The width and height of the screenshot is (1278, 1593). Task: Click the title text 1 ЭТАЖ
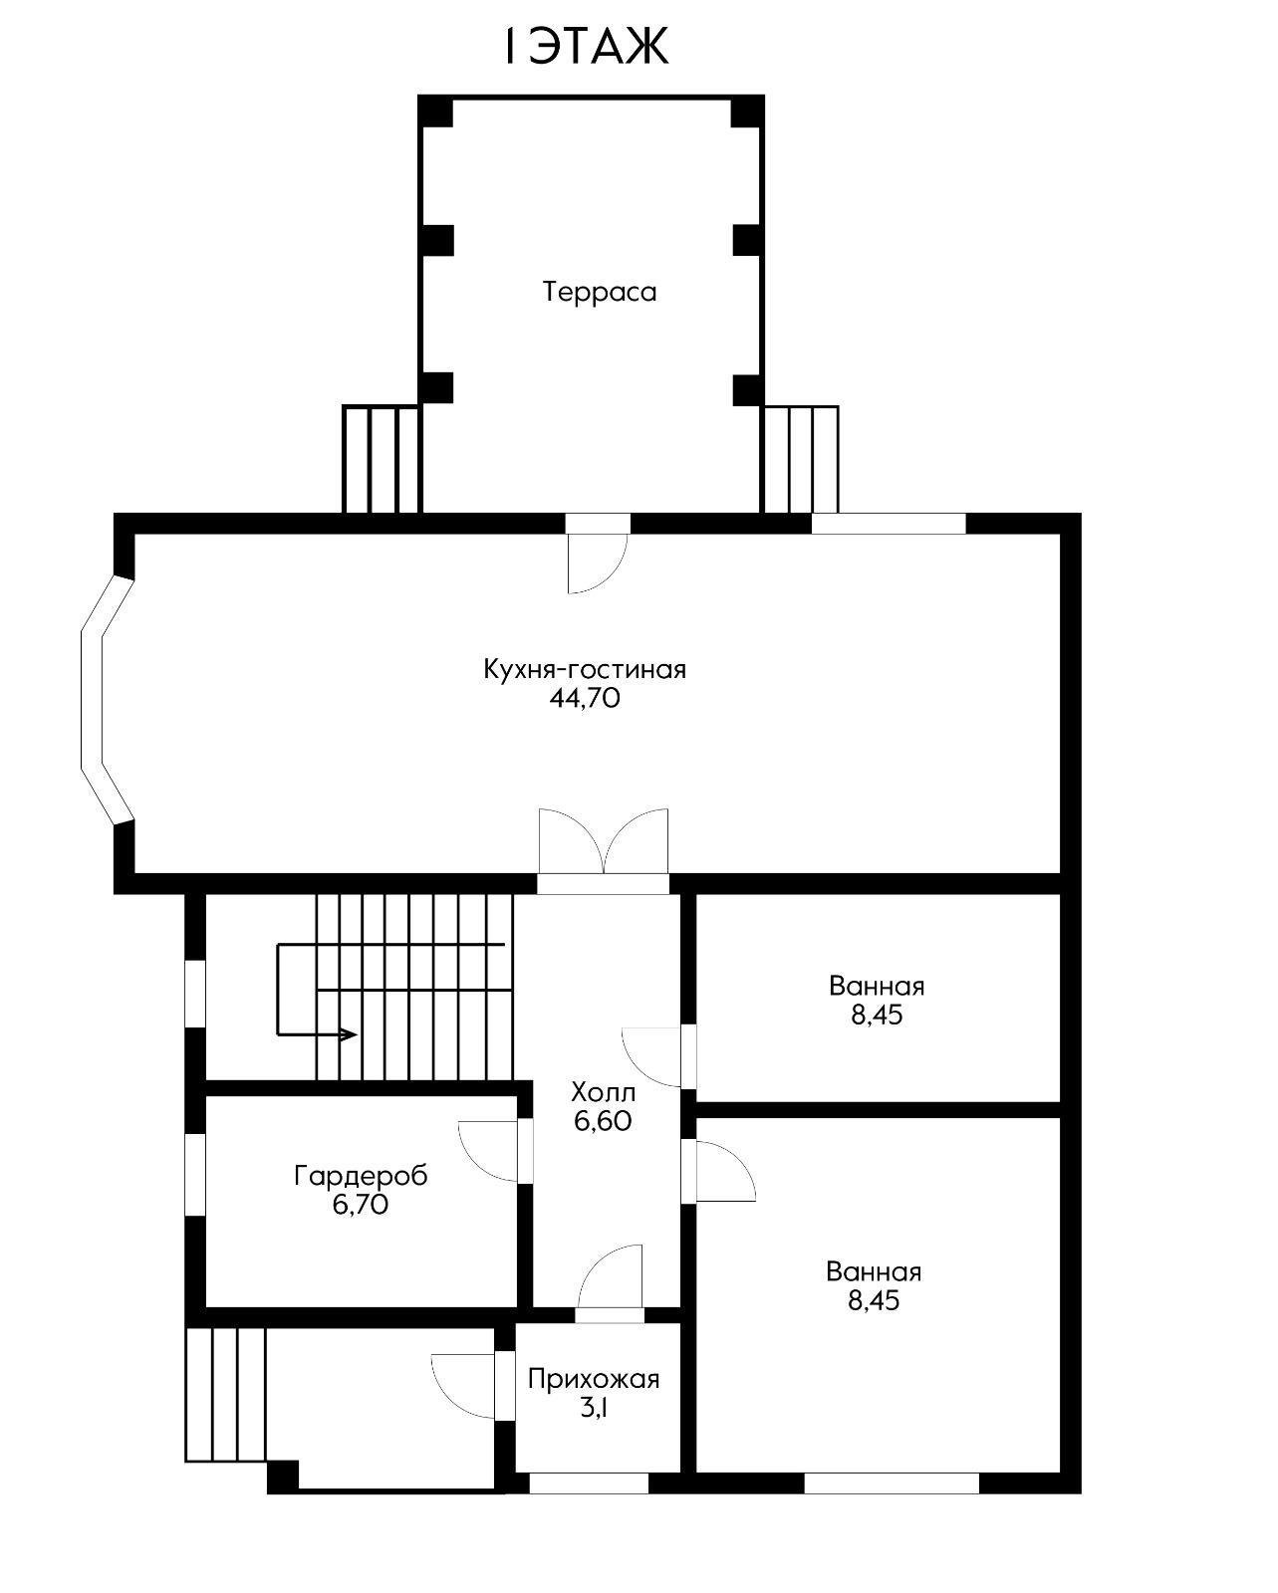pyautogui.click(x=586, y=47)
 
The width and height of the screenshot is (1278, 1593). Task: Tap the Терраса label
pyautogui.click(x=600, y=292)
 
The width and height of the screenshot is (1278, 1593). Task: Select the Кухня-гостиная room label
pyautogui.click(x=585, y=669)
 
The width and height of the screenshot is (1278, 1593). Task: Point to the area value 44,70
pyautogui.click(x=585, y=698)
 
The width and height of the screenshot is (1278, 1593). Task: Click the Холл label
pyautogui.click(x=603, y=1092)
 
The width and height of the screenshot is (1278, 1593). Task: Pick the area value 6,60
pyautogui.click(x=603, y=1121)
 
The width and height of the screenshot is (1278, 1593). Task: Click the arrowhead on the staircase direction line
pyautogui.click(x=350, y=1034)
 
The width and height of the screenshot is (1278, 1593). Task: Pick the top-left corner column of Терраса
pyautogui.click(x=435, y=112)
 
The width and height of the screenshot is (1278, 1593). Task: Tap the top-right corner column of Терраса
pyautogui.click(x=747, y=112)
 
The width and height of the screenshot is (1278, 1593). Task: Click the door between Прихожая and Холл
pyautogui.click(x=610, y=1285)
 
